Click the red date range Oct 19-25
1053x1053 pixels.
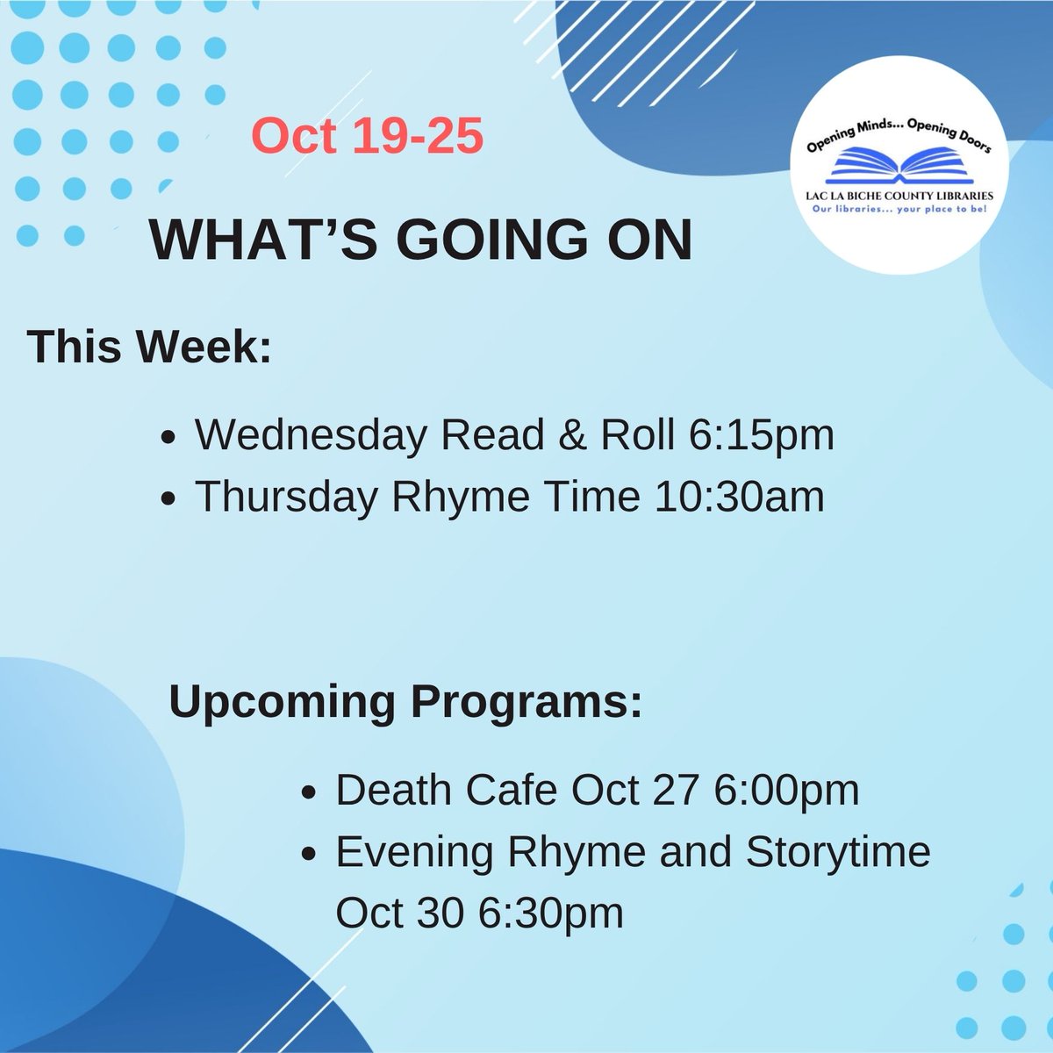tap(367, 137)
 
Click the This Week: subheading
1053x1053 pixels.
tap(149, 347)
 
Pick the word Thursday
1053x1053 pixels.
tap(287, 498)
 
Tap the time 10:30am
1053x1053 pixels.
tap(739, 498)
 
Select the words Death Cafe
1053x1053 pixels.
tap(446, 791)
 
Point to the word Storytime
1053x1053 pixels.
tap(838, 852)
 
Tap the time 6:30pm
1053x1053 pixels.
tap(551, 913)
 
